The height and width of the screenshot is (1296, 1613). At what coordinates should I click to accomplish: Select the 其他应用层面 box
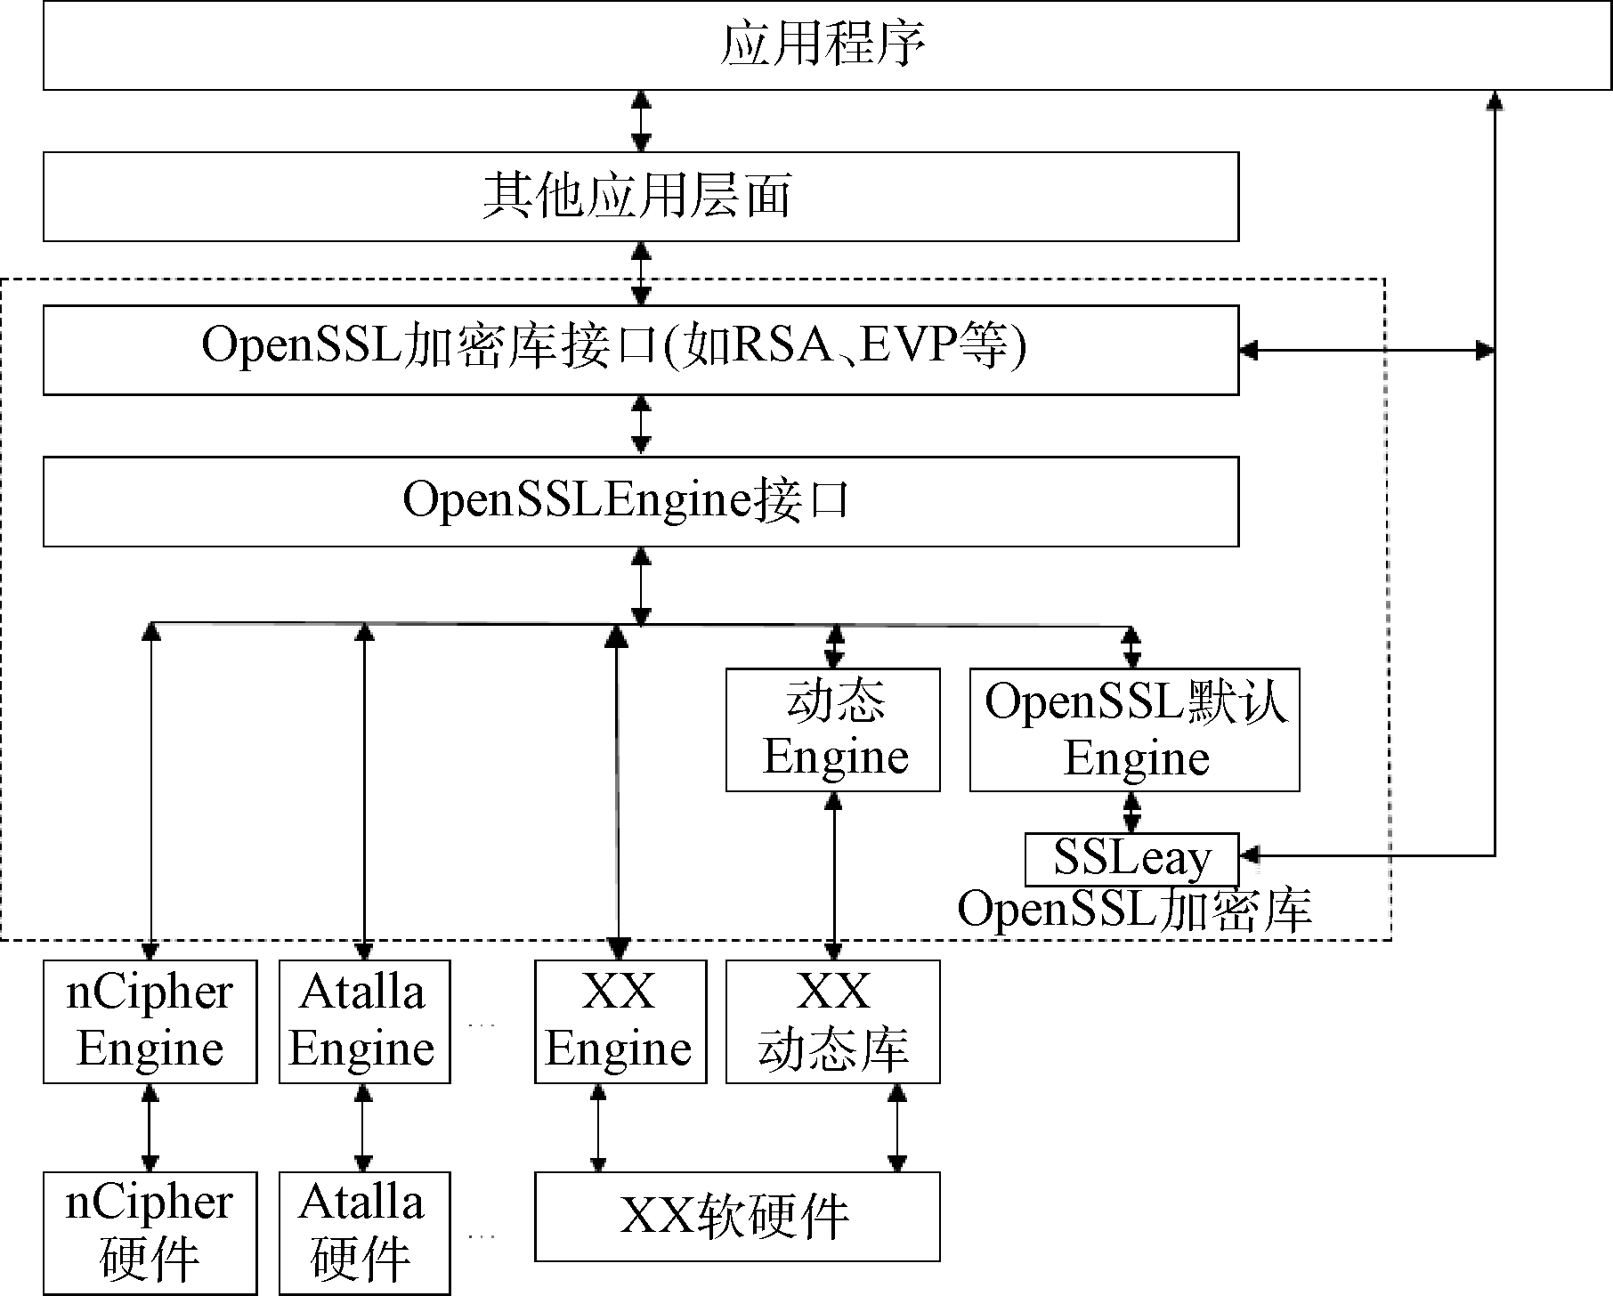tap(641, 197)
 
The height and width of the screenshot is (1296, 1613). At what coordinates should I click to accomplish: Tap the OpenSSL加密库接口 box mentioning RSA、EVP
tap(641, 350)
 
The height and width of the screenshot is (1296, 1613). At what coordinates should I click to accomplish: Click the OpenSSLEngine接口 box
tap(641, 501)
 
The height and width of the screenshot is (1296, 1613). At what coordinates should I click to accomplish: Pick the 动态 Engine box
tap(833, 730)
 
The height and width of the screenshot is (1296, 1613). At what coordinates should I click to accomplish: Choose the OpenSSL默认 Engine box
tap(1134, 730)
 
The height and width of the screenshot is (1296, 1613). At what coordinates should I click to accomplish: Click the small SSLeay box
tap(1131, 859)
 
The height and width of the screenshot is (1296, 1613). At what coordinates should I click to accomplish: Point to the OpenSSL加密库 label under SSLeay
tap(1134, 911)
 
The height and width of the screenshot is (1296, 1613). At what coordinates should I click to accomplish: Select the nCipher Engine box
tap(150, 1021)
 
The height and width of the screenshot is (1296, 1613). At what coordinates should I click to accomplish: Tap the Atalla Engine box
tap(364, 1021)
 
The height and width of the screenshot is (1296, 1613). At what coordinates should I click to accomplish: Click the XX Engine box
tap(620, 1021)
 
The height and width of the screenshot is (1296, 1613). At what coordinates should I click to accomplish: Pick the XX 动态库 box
tap(833, 1021)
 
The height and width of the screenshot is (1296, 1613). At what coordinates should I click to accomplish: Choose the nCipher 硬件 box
tap(150, 1233)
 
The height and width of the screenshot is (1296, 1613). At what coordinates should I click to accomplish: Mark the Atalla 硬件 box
tap(364, 1233)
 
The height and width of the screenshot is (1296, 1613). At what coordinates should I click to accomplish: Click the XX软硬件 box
tap(737, 1216)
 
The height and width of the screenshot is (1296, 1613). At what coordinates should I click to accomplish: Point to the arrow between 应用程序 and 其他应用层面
tap(641, 121)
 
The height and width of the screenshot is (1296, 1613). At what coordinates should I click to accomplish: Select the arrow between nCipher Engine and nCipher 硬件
tap(150, 1127)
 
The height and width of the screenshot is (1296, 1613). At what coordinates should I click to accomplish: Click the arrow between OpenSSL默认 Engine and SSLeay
tap(1131, 812)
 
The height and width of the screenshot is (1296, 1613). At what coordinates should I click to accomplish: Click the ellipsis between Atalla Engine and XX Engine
tap(482, 1025)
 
